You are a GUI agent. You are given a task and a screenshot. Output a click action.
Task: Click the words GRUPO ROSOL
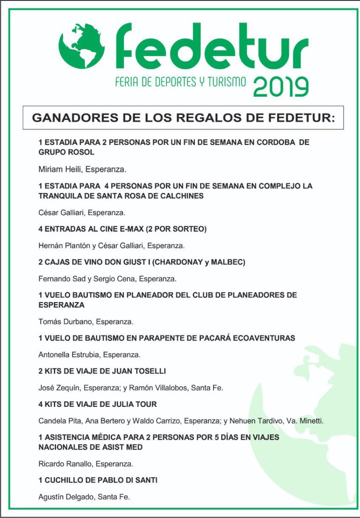(66, 152)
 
